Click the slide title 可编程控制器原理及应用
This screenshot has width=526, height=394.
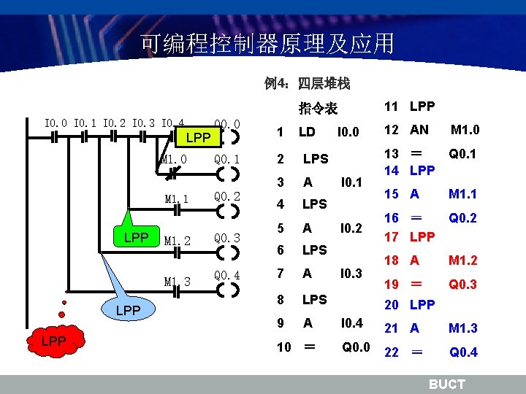(x=267, y=44)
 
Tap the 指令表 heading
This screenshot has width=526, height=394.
(x=318, y=109)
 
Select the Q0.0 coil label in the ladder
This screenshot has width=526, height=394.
(x=227, y=123)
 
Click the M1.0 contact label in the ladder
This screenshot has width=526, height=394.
(x=174, y=159)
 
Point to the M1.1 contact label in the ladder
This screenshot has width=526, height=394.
(x=177, y=198)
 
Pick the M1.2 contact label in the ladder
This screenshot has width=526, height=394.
(x=178, y=241)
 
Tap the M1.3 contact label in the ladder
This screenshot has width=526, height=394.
(x=178, y=282)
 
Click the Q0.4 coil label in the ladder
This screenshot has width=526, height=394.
(x=227, y=276)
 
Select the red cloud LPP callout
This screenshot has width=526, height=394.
(x=54, y=341)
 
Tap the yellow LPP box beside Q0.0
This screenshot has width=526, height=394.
(x=197, y=137)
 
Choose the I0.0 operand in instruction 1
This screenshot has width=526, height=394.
(x=348, y=132)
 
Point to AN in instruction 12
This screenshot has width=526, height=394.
(x=419, y=130)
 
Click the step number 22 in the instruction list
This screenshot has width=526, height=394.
(x=392, y=352)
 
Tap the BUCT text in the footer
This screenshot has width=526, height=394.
(x=446, y=385)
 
